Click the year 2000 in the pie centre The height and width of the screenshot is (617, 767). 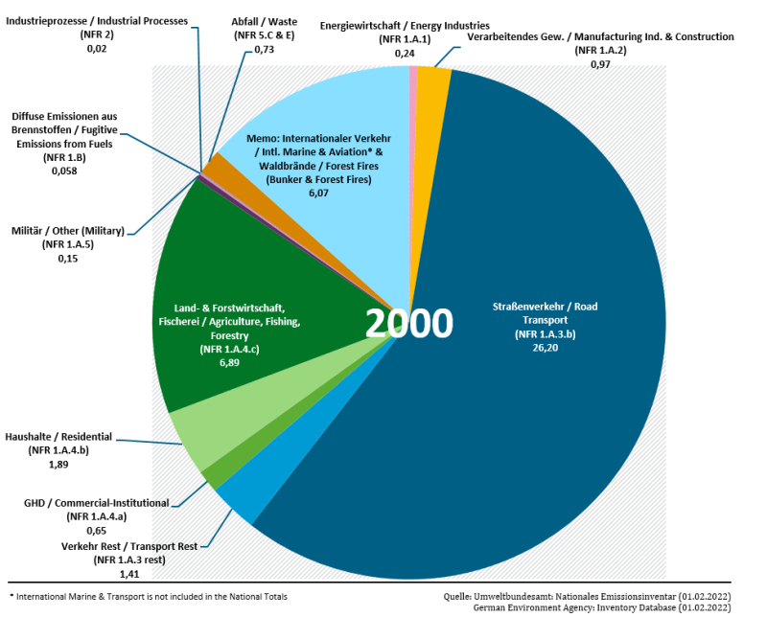coord(407,325)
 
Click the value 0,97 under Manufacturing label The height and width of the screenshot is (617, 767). coord(599,63)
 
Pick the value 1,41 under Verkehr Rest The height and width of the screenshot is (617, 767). coord(129,573)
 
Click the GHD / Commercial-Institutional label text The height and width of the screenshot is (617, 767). coord(96,502)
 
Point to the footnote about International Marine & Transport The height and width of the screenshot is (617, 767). coord(148,596)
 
